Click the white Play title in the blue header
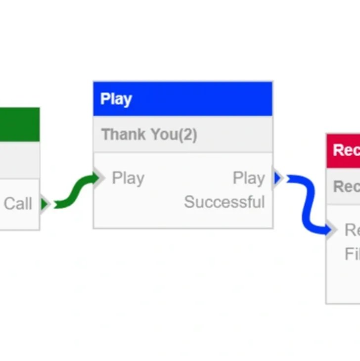coord(116,99)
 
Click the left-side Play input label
coord(128,178)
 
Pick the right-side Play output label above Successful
coord(248,178)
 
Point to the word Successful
coord(225,202)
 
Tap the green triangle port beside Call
coord(45,204)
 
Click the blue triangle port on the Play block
coord(277,178)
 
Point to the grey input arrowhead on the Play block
coord(100,178)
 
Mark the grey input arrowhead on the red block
coord(332,229)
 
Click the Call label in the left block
coord(18,204)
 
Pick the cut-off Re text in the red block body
coord(352,230)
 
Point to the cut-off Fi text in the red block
coord(352,254)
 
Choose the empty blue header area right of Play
coord(208,99)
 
